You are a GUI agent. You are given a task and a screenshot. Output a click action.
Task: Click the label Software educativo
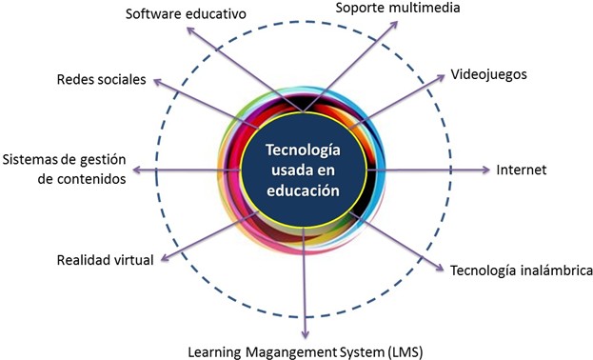click(x=186, y=14)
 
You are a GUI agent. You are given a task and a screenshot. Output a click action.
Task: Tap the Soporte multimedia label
click(x=398, y=8)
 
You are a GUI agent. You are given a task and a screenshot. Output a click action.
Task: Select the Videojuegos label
click(x=488, y=74)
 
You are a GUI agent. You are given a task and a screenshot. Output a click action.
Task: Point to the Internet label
click(x=522, y=170)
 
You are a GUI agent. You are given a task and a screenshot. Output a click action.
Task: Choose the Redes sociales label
click(x=101, y=79)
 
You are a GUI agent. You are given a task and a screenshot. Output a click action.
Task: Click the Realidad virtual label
click(x=105, y=260)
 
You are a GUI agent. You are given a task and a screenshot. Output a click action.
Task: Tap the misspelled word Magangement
click(x=291, y=352)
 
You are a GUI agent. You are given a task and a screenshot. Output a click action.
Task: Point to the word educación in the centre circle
click(x=303, y=190)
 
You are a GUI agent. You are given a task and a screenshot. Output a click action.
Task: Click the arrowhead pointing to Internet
click(x=485, y=170)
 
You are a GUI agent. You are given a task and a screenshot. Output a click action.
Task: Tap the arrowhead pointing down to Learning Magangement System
click(x=305, y=334)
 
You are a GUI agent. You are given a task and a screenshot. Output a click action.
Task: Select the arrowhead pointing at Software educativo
click(x=191, y=30)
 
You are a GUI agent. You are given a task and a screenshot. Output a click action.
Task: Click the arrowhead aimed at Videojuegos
click(x=440, y=77)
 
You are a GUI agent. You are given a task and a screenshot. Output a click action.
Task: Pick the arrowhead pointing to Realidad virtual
click(x=166, y=257)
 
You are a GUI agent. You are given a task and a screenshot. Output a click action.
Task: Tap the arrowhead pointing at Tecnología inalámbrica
click(x=439, y=268)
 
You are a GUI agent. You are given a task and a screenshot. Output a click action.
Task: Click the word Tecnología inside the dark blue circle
click(x=303, y=150)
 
